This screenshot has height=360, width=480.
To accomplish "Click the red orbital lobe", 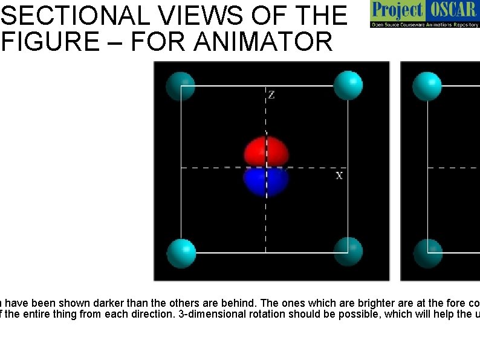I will coord(266,151).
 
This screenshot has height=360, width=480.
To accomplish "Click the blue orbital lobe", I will coord(266,182).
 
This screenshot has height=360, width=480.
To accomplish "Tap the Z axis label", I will coord(271,95).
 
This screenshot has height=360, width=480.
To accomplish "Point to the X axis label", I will coord(339,175).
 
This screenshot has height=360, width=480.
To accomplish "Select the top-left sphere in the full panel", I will coord(180,86).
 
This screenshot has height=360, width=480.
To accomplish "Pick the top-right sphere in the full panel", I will coord(348,85).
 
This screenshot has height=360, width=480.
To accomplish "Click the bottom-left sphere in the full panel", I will coord(181,253).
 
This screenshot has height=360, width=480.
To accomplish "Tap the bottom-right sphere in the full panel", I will coord(348,252).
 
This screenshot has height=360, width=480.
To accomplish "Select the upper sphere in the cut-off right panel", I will coord(427,86).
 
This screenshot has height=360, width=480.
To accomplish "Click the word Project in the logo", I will coord(398,10).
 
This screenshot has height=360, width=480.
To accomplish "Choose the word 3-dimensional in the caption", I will coord(221,314).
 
